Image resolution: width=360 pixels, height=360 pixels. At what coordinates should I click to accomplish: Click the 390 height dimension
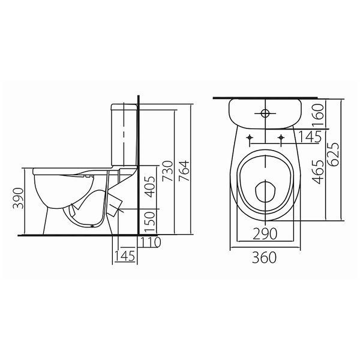tap(18, 199)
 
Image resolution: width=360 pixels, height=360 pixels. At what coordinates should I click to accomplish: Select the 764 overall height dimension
tap(184, 171)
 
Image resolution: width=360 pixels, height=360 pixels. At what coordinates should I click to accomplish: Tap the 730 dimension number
tap(167, 171)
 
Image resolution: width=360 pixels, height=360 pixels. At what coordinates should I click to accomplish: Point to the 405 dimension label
tap(151, 187)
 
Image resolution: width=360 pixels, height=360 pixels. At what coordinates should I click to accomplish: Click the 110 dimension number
tap(151, 242)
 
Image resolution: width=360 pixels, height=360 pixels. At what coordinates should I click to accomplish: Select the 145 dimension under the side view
tap(125, 256)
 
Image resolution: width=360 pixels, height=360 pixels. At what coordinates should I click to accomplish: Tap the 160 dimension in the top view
tap(318, 115)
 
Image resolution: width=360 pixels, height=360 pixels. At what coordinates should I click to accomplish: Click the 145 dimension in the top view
tap(310, 137)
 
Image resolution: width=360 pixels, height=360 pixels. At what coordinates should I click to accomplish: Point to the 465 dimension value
tap(318, 172)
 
